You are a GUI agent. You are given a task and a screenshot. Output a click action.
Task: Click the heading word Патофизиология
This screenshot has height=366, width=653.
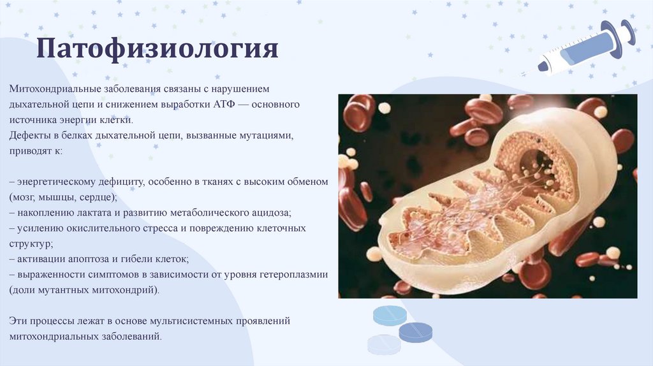click(157, 48)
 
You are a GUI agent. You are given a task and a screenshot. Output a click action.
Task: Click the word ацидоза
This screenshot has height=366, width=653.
click(274, 213)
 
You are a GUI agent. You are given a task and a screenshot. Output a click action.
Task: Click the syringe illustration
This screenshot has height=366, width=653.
click(579, 48)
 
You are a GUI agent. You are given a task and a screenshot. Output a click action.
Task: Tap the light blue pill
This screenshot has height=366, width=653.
click(390, 316)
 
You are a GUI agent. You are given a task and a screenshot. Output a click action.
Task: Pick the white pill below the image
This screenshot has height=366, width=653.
click(383, 345)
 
